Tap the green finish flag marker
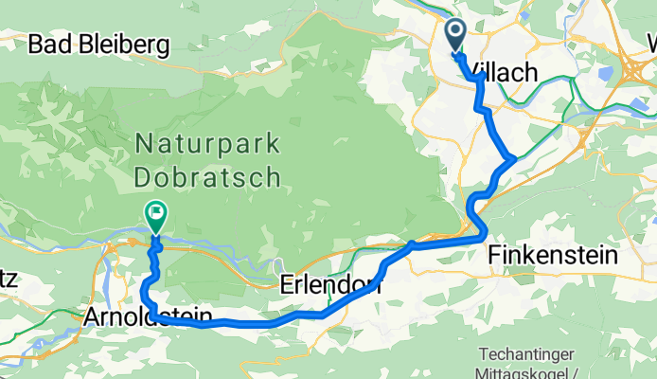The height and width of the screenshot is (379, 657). click(154, 215)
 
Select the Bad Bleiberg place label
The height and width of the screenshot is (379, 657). click(98, 44)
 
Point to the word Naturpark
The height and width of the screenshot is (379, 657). click(207, 145)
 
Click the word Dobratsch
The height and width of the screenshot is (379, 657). click(207, 176)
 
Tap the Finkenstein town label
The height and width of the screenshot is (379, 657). click(554, 255)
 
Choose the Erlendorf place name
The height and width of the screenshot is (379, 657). click(330, 283)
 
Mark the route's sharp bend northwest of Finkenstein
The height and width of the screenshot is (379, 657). click(484, 231)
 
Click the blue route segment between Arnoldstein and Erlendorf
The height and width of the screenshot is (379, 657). click(246, 323)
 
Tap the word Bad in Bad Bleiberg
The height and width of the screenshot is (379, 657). click(48, 44)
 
